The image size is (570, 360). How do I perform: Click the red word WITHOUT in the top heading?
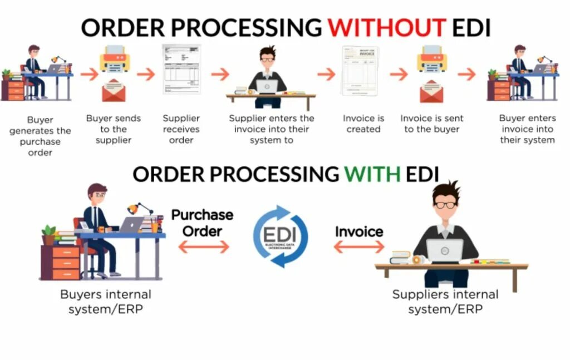(x=387, y=27)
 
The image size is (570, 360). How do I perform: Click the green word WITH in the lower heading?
(x=372, y=174)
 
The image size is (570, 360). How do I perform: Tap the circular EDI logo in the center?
(x=281, y=236)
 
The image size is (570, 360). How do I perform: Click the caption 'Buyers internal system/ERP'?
(x=105, y=302)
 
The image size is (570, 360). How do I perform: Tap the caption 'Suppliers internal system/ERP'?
(x=445, y=301)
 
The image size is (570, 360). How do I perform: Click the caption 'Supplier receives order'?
(x=181, y=129)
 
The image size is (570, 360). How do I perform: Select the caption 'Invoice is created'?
(x=363, y=124)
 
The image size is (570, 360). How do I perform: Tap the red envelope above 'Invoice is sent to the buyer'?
(x=431, y=92)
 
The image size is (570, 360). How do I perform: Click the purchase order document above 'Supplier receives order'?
(x=181, y=69)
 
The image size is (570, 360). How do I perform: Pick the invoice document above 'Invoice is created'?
(x=360, y=70)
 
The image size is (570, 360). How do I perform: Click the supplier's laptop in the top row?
(x=267, y=86)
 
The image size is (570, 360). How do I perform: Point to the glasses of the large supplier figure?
(x=445, y=204)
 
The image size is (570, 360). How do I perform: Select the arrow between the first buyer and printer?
(x=89, y=73)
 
